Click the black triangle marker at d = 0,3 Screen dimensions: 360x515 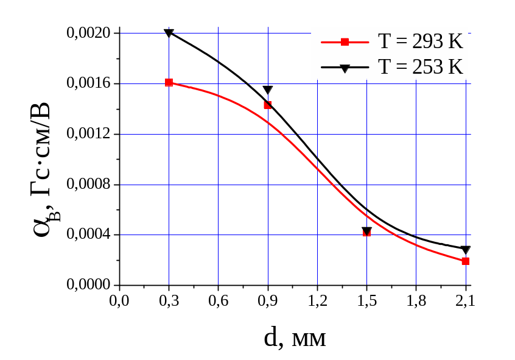169,33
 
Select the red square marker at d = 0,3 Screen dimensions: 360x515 169,82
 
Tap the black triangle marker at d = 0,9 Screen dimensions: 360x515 268,90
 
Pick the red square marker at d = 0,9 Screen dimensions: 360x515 267,105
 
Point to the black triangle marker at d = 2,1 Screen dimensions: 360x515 466,250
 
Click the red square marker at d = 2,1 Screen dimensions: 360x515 466,261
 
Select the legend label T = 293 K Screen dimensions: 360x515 421,42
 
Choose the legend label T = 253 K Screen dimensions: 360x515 421,66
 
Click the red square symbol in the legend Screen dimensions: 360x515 345,42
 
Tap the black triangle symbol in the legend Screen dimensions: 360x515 345,68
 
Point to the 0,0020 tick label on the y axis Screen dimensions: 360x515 88,33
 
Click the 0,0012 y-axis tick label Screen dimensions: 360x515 88,134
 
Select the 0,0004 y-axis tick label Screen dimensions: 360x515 88,235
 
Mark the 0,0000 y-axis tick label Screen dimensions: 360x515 88,285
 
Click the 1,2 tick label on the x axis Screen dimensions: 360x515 317,301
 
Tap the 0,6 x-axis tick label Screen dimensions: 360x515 218,301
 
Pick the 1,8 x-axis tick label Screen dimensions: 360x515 416,301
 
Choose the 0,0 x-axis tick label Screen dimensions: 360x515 119,301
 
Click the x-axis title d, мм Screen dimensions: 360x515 295,337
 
